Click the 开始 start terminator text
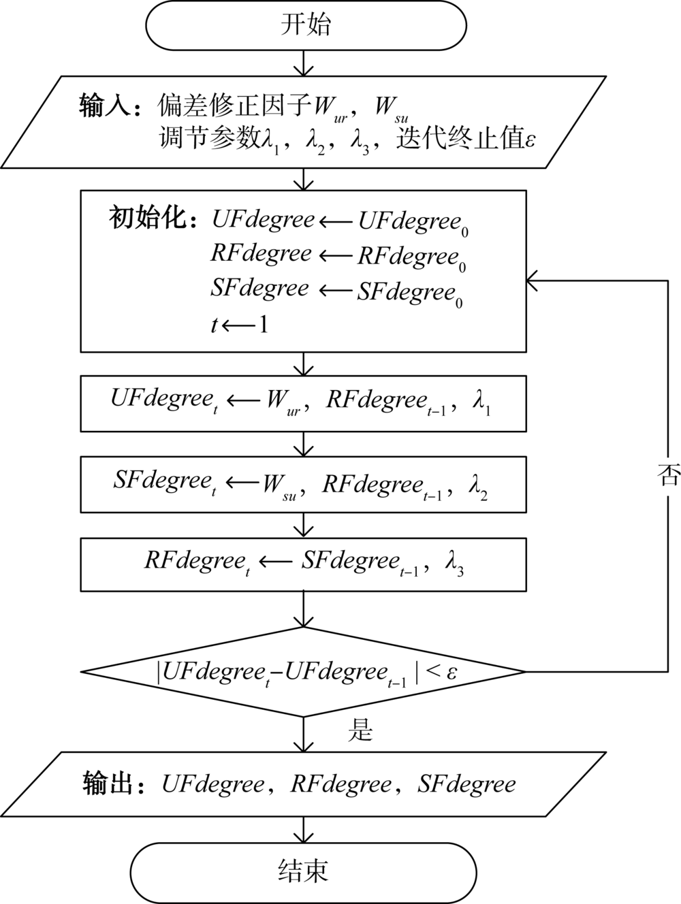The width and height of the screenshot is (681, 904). click(x=306, y=26)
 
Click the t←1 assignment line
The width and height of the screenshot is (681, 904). click(x=239, y=325)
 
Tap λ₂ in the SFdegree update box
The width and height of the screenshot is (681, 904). click(x=478, y=487)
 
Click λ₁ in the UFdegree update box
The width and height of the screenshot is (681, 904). click(x=482, y=406)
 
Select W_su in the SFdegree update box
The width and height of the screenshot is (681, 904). click(x=279, y=486)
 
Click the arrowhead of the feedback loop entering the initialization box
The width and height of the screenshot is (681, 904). click(x=530, y=280)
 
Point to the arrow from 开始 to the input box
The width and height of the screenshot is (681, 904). click(x=303, y=63)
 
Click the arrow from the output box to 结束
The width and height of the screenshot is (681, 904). click(x=303, y=830)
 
